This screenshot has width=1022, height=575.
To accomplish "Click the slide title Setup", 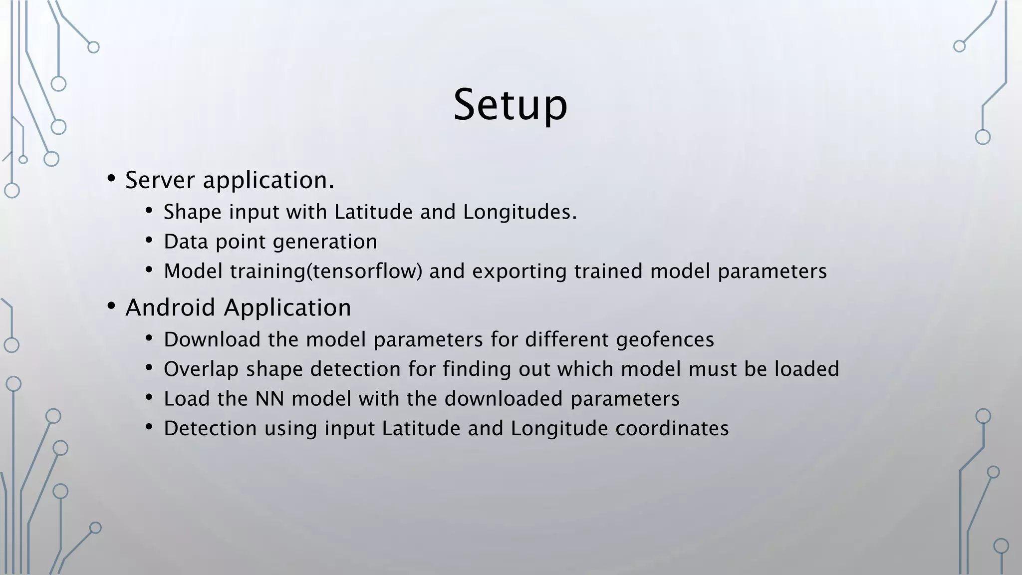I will pyautogui.click(x=510, y=105).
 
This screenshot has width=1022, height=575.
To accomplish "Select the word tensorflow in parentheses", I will pyautogui.click(x=364, y=272).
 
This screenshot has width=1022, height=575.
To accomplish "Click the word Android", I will pyautogui.click(x=170, y=307).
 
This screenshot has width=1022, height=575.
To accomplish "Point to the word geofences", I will pyautogui.click(x=665, y=340).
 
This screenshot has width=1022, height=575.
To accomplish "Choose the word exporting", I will pyautogui.click(x=519, y=272).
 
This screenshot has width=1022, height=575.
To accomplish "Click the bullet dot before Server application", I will pyautogui.click(x=111, y=179).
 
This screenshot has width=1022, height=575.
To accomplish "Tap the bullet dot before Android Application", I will pyautogui.click(x=111, y=306).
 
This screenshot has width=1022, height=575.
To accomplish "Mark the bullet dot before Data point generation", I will pyautogui.click(x=149, y=241).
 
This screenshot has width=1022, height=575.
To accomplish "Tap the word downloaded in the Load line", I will pyautogui.click(x=504, y=399).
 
